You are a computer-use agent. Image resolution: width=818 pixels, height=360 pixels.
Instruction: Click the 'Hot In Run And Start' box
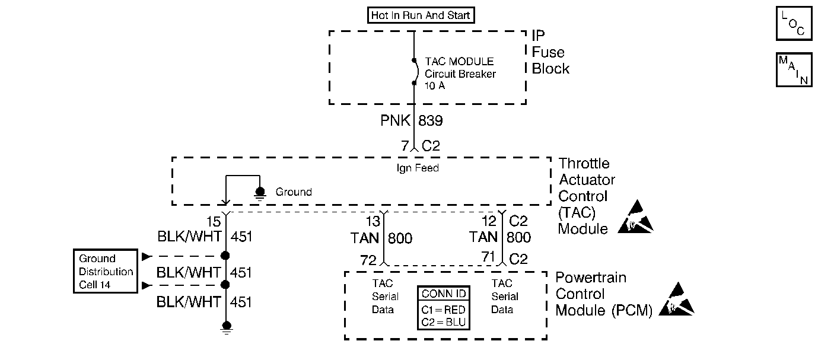pyautogui.click(x=421, y=15)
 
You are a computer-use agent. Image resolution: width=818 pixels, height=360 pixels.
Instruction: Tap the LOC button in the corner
pyautogui.click(x=794, y=23)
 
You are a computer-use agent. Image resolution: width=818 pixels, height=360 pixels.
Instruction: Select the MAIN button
pyautogui.click(x=794, y=70)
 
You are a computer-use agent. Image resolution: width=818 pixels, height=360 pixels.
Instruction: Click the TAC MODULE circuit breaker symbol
pyautogui.click(x=415, y=72)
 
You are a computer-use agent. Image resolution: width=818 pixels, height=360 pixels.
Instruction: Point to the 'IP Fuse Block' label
pyautogui.click(x=550, y=52)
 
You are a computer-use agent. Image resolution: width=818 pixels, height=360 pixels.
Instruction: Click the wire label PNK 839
pyautogui.click(x=412, y=120)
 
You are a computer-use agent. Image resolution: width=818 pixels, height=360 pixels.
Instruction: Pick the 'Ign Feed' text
pyautogui.click(x=418, y=168)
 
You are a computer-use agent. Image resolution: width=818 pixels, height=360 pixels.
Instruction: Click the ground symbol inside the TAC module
pyautogui.click(x=260, y=193)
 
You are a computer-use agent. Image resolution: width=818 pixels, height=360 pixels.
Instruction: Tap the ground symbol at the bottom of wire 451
pyautogui.click(x=227, y=327)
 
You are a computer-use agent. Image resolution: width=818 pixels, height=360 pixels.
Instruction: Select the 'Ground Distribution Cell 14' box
pyautogui.click(x=106, y=271)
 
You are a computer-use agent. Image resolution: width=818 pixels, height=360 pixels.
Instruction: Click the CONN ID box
pyautogui.click(x=444, y=308)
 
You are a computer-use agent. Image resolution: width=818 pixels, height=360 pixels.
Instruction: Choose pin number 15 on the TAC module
pyautogui.click(x=214, y=222)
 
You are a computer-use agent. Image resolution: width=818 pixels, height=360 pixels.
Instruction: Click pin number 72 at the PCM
pyautogui.click(x=368, y=260)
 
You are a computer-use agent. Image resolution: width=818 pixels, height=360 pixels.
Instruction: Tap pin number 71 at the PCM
pyautogui.click(x=488, y=257)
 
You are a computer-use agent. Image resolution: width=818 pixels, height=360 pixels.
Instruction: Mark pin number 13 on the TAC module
pyautogui.click(x=373, y=221)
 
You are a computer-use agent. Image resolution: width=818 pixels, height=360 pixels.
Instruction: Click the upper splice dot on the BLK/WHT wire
pyautogui.click(x=225, y=256)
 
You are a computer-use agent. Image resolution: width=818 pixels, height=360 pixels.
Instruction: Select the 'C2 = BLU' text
pyautogui.click(x=443, y=323)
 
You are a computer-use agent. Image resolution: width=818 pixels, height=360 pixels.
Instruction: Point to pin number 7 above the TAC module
pyautogui.click(x=405, y=146)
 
